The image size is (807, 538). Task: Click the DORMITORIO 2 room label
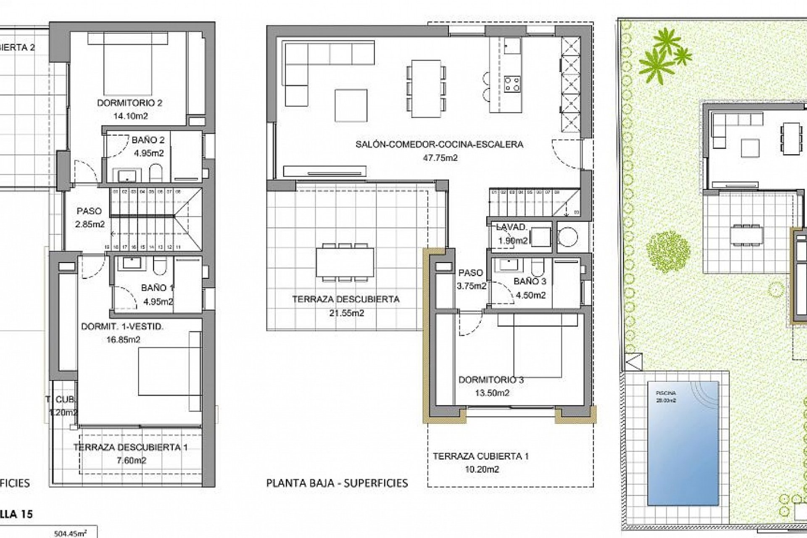[x=129, y=103]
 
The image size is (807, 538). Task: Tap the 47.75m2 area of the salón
[x=440, y=158]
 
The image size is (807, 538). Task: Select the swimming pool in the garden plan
[x=683, y=443]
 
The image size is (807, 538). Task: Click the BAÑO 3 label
[x=530, y=281]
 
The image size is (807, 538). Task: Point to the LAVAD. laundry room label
[x=512, y=227]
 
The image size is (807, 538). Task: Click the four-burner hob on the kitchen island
[x=512, y=83]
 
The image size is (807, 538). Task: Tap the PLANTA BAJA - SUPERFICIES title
[x=337, y=483]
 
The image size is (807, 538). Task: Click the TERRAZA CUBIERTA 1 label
[x=480, y=456]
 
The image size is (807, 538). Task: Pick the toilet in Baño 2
[x=156, y=172]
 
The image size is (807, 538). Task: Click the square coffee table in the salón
[x=351, y=105]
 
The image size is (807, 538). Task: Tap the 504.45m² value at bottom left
[x=70, y=533]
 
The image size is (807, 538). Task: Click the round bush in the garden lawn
[x=668, y=252]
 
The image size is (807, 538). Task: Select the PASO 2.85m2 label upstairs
[x=90, y=218]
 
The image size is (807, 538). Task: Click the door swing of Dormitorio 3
[x=470, y=324]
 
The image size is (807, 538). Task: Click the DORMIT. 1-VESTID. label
[x=122, y=327]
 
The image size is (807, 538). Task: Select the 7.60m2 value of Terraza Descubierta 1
[x=131, y=461]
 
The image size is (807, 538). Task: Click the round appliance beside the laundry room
[x=567, y=237]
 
